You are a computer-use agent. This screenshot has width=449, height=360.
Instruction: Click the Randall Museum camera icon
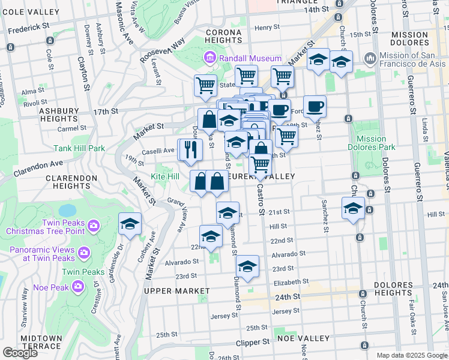click(x=210, y=58)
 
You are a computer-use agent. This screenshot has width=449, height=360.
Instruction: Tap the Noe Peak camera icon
click(x=78, y=287)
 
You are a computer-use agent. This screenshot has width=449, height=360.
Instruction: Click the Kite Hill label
click(x=164, y=177)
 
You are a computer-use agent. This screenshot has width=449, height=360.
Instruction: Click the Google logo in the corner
click(x=20, y=352)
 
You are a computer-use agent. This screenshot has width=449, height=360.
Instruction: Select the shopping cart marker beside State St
click(x=205, y=85)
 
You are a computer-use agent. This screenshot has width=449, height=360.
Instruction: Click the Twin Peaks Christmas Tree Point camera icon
click(x=93, y=226)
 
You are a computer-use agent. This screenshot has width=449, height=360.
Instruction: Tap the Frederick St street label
click(x=25, y=28)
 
